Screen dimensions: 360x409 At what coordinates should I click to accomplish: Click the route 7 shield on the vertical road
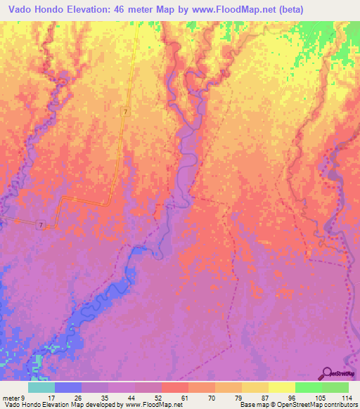125,112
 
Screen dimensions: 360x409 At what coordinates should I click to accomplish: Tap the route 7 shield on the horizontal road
41,225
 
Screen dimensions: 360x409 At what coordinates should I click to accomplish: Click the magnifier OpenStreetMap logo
327,373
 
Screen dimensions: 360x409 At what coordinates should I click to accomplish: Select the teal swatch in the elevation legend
41,387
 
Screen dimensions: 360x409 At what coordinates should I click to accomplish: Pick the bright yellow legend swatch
281,387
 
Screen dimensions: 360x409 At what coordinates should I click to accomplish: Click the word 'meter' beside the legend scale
11,397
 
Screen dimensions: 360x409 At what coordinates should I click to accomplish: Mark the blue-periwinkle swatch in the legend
68,387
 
